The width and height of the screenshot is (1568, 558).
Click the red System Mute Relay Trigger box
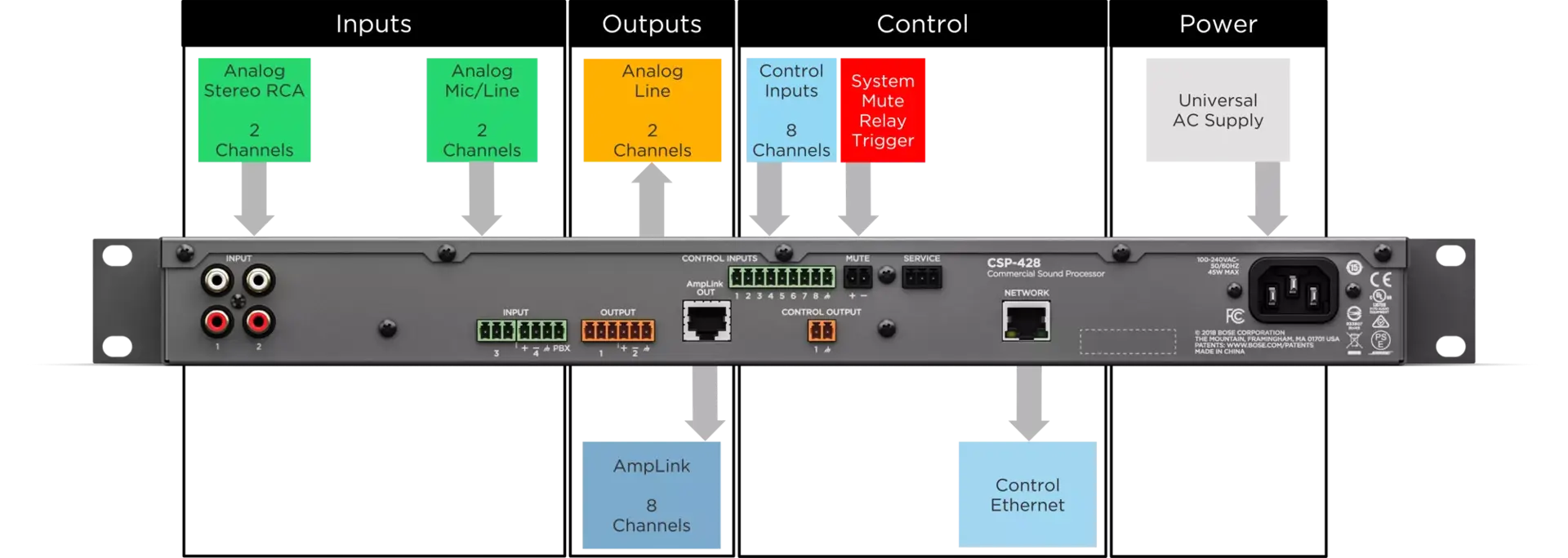point(883,110)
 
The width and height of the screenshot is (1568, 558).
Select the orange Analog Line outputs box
point(653,109)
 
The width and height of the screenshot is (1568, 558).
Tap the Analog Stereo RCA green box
point(254,109)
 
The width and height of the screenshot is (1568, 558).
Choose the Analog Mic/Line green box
point(482,109)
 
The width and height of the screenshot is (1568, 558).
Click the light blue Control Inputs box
point(791,109)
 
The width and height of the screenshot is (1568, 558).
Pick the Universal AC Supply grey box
point(1218,108)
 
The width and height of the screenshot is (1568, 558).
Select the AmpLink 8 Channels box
point(652,494)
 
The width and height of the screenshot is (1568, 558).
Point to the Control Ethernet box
point(1026,494)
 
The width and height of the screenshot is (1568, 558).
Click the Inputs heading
point(373,24)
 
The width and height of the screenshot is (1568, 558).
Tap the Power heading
point(1218,24)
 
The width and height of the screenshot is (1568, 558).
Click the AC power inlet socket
point(1293,291)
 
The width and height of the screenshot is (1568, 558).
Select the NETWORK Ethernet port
point(1027,321)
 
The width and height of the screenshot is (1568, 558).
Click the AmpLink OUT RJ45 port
point(706,320)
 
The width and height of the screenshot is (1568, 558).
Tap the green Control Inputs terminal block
point(782,277)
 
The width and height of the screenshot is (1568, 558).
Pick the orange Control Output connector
point(822,330)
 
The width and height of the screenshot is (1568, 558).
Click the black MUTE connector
point(857,277)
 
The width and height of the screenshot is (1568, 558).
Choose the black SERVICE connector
point(921,277)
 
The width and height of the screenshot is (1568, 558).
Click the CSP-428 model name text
point(1013,263)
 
